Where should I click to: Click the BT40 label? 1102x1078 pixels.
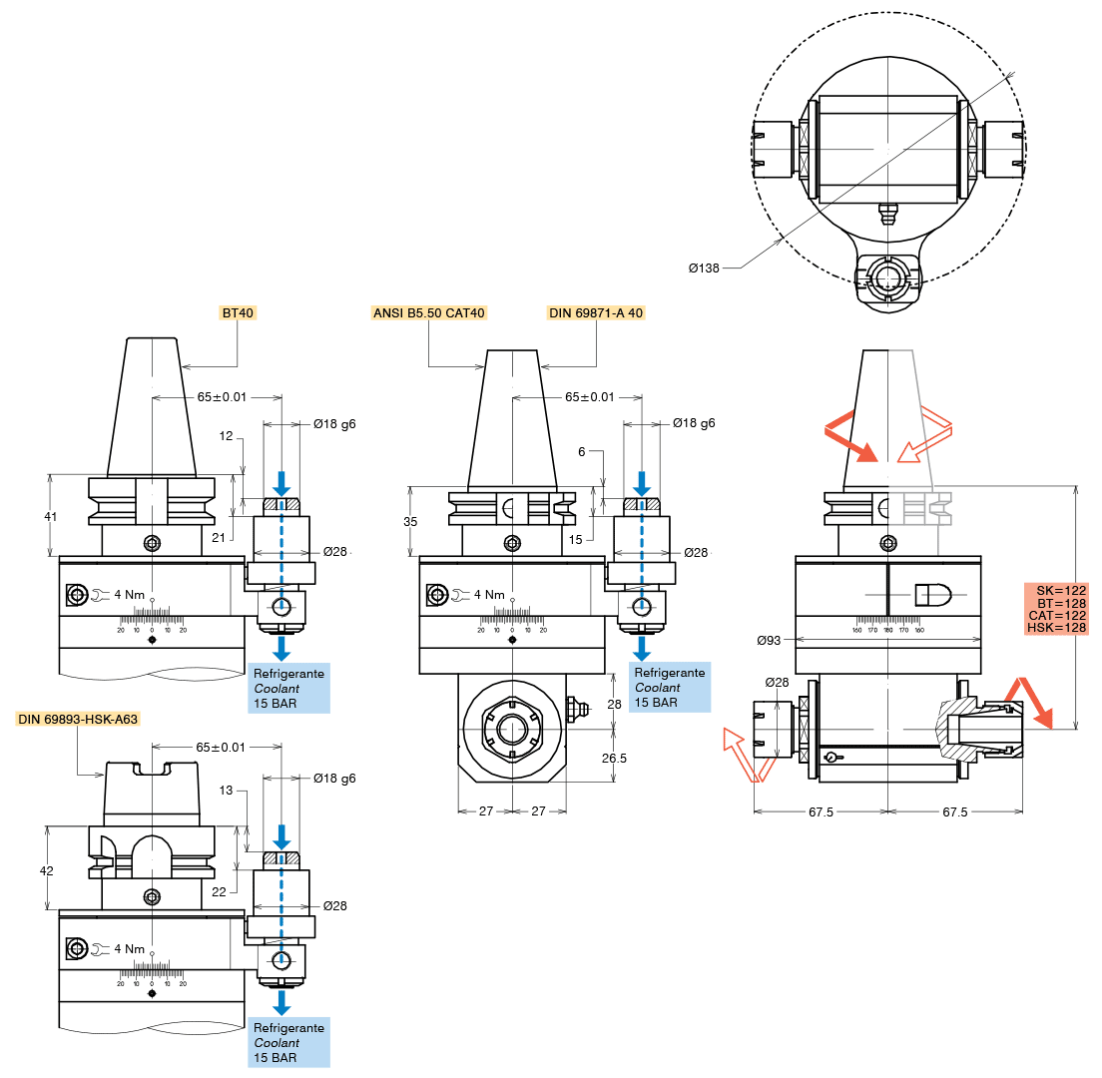(x=239, y=312)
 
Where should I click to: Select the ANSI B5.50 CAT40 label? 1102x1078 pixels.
(x=428, y=312)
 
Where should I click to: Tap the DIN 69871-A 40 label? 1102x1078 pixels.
(x=596, y=312)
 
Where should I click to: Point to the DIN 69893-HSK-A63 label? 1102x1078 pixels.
(x=78, y=719)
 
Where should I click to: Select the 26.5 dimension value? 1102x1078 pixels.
(x=615, y=758)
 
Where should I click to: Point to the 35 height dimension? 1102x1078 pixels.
(x=411, y=522)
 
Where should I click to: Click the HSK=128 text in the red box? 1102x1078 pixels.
(x=1062, y=627)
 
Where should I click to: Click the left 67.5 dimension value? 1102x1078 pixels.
(x=821, y=811)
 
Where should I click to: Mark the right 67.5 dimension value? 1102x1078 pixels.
(x=955, y=811)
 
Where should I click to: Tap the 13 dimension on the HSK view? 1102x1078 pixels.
(x=226, y=791)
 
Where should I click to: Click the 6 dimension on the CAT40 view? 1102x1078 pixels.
(x=582, y=451)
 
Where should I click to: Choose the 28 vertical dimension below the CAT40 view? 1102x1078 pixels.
(x=615, y=705)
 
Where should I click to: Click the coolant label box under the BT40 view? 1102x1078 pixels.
(x=289, y=688)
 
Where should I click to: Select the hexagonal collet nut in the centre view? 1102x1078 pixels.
(x=511, y=728)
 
